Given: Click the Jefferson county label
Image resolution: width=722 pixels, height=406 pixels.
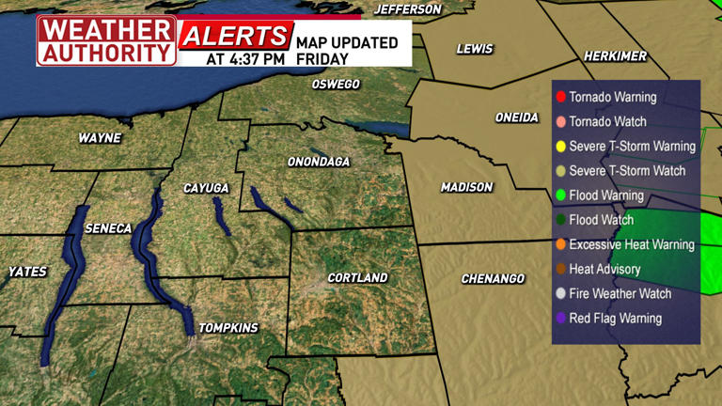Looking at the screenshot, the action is [407, 9].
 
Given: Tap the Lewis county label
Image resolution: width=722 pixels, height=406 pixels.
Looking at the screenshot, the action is [475, 49].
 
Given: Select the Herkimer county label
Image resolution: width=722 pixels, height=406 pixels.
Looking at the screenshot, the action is [615, 56].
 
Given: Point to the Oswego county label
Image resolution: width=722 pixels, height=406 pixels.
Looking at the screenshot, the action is [336, 85].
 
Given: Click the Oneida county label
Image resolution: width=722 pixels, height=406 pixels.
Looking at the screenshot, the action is [517, 117].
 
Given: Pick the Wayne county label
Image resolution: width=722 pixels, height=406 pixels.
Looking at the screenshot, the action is [100, 137].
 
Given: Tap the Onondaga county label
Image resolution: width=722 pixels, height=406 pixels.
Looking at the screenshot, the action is [318, 162].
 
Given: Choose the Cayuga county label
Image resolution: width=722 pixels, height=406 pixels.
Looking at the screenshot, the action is [206, 189].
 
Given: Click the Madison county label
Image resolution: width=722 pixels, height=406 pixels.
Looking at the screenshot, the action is [466, 187].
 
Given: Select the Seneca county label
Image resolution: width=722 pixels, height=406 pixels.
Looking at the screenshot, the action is [108, 228].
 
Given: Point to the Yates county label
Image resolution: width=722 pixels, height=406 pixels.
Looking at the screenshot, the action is [27, 272].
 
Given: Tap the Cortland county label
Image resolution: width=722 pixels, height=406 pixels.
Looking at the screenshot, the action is [357, 278].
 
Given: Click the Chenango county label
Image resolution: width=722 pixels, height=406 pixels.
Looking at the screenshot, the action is [493, 279].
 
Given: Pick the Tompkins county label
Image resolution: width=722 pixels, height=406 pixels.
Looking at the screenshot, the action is [229, 327].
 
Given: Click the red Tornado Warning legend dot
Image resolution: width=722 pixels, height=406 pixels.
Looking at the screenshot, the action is [560, 97].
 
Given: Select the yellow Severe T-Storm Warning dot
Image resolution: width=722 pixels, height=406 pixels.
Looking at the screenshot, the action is [560, 147].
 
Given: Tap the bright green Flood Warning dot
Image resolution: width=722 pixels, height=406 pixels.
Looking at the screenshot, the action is [560, 195].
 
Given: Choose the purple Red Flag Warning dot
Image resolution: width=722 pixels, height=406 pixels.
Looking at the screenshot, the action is [560, 319].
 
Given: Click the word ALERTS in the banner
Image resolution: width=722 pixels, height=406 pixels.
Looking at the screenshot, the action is [234, 37].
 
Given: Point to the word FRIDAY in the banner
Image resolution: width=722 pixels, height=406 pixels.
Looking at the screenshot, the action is [322, 58].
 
